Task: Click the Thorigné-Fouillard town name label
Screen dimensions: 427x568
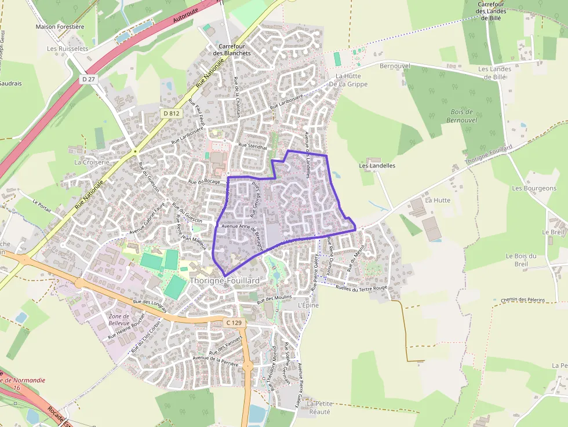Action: [224, 280]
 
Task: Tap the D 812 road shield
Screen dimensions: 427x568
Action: [171, 114]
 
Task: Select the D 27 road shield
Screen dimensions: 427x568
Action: [88, 79]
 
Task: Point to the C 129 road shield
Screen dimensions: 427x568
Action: [234, 322]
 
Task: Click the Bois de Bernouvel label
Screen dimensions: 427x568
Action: [461, 115]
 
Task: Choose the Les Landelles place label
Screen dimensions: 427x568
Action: [377, 165]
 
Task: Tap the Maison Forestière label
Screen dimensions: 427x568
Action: [60, 27]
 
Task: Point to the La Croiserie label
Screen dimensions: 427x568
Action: [92, 162]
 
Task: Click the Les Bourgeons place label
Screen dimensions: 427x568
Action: [534, 188]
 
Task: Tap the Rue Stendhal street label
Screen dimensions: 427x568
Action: [253, 147]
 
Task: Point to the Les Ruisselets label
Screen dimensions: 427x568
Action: [67, 49]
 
